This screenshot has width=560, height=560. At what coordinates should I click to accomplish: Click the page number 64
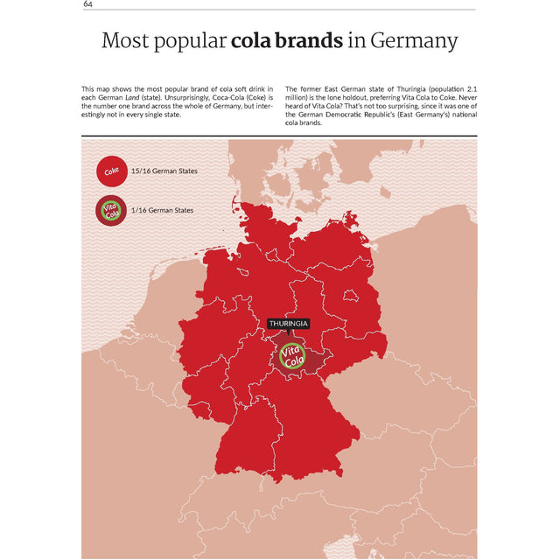coord(88,4)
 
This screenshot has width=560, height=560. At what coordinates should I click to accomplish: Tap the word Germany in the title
coord(413,41)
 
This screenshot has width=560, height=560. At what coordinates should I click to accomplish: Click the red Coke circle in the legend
coord(111,171)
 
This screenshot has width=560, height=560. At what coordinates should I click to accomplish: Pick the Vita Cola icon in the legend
coord(111,210)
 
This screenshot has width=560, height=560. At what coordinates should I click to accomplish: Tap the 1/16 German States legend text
coord(162,210)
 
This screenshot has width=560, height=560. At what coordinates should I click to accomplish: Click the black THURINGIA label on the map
coord(288,324)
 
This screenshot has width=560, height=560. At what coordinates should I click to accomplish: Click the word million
coord(298,98)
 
